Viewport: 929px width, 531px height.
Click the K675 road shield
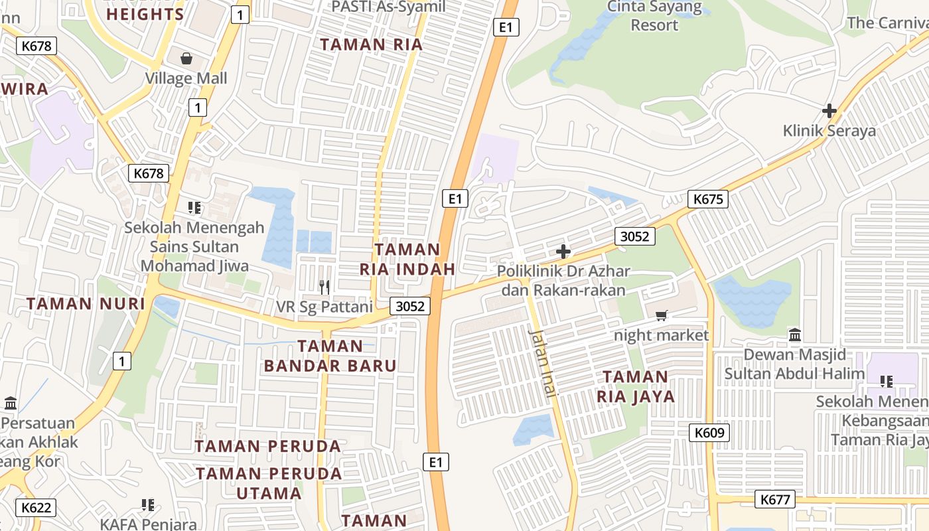708,199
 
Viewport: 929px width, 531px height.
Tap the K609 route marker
709,433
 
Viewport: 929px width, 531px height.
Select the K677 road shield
775,499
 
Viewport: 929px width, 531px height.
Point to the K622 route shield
36,508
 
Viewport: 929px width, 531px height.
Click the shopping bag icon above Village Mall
186,58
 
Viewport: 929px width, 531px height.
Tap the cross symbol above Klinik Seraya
829,111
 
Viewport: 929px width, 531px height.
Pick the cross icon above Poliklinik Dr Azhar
563,252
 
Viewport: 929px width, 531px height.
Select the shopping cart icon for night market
661,315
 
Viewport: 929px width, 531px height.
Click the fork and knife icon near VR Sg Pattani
324,287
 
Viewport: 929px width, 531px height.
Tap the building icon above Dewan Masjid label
795,335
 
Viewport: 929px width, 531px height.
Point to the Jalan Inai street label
542,362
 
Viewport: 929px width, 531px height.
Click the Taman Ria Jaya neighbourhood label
635,387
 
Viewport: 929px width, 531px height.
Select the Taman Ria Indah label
407,260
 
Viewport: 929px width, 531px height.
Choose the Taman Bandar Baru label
330,356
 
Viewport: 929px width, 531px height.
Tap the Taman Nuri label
85,304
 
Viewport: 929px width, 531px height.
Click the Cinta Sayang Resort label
654,17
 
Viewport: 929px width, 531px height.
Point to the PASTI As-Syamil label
388,7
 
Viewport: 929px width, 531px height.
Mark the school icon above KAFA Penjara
147,505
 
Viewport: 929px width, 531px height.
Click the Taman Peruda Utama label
269,483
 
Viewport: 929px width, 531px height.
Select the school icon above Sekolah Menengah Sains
194,208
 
